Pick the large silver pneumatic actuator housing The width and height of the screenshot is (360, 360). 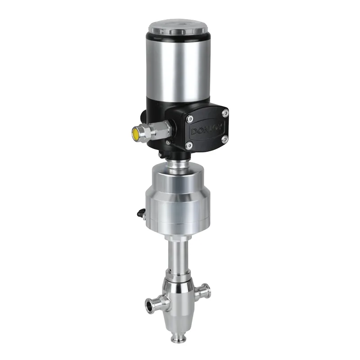coord(179,198)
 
